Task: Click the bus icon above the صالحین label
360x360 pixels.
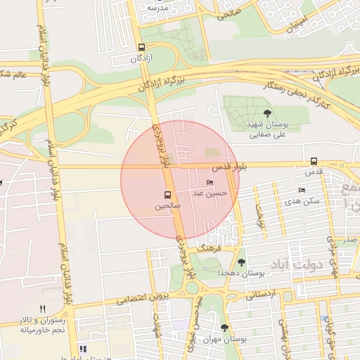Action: click(167, 195)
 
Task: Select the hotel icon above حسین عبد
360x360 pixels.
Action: click(210, 182)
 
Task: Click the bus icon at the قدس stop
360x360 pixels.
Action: click(313, 160)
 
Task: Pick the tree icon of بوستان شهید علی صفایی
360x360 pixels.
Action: click(266, 112)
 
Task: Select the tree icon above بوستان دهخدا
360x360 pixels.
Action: click(241, 262)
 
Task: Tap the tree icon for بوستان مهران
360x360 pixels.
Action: click(225, 328)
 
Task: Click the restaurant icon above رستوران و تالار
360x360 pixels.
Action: click(42, 309)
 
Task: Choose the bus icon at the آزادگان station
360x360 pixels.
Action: click(142, 48)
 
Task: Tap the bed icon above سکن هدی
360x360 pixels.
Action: click(302, 191)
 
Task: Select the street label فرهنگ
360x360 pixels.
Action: click(210, 249)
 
